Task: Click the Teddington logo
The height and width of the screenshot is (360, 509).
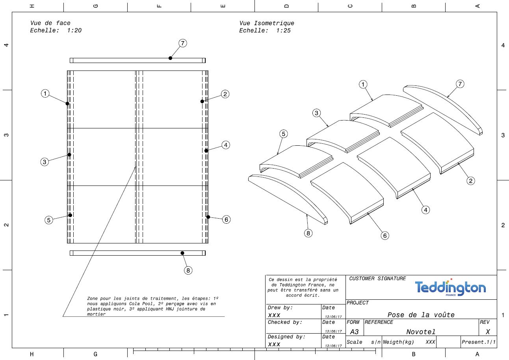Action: point(450,288)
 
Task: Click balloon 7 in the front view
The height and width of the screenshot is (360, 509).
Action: point(183,43)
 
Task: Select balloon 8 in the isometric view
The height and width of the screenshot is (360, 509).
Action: point(308,233)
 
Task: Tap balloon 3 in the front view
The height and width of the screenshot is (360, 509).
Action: point(45,162)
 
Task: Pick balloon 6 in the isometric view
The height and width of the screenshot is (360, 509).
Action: point(385,236)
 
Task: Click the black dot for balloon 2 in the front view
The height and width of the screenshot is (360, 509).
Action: point(202,101)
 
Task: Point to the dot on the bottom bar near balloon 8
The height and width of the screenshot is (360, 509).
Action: point(182,253)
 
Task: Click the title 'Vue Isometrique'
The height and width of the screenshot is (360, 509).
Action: point(267,23)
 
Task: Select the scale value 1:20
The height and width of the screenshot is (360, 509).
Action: point(74,30)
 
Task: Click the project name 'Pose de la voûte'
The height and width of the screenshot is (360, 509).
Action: point(421,315)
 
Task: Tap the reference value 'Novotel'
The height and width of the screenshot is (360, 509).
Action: point(421,332)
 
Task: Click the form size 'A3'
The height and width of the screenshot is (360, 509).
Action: point(354,332)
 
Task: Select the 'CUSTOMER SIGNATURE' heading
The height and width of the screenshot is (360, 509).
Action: point(377,278)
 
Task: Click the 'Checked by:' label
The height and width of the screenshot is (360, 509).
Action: point(285,322)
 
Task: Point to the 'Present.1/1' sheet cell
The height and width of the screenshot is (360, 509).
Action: point(479,342)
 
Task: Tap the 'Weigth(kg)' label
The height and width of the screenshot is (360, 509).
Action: point(398,342)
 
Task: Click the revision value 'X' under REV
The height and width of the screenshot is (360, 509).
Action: point(488,332)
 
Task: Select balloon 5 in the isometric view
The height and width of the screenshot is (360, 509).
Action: point(283,134)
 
